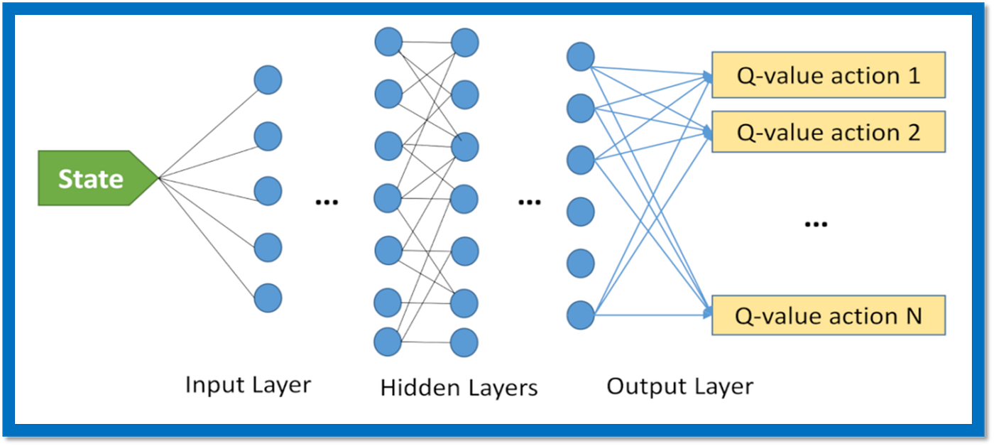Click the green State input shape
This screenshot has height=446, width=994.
(x=98, y=178)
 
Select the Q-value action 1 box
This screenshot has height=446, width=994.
(x=829, y=75)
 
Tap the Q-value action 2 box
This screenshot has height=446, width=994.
(x=829, y=132)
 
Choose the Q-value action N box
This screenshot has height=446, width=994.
(x=829, y=315)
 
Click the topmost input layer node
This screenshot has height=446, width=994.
(x=268, y=80)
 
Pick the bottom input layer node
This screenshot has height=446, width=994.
(x=268, y=298)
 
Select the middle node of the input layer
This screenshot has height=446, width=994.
(x=268, y=191)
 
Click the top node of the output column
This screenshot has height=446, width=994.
(x=581, y=57)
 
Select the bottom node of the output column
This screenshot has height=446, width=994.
(x=581, y=315)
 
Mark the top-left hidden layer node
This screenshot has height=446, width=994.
(x=388, y=42)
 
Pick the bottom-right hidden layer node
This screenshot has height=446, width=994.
(x=464, y=342)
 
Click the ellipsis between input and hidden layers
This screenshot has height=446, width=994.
(x=327, y=202)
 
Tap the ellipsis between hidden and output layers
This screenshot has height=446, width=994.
(x=530, y=202)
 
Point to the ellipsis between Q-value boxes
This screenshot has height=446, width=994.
(x=816, y=224)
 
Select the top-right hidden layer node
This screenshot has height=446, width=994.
(x=464, y=43)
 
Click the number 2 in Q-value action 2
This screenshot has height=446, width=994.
(x=914, y=132)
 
